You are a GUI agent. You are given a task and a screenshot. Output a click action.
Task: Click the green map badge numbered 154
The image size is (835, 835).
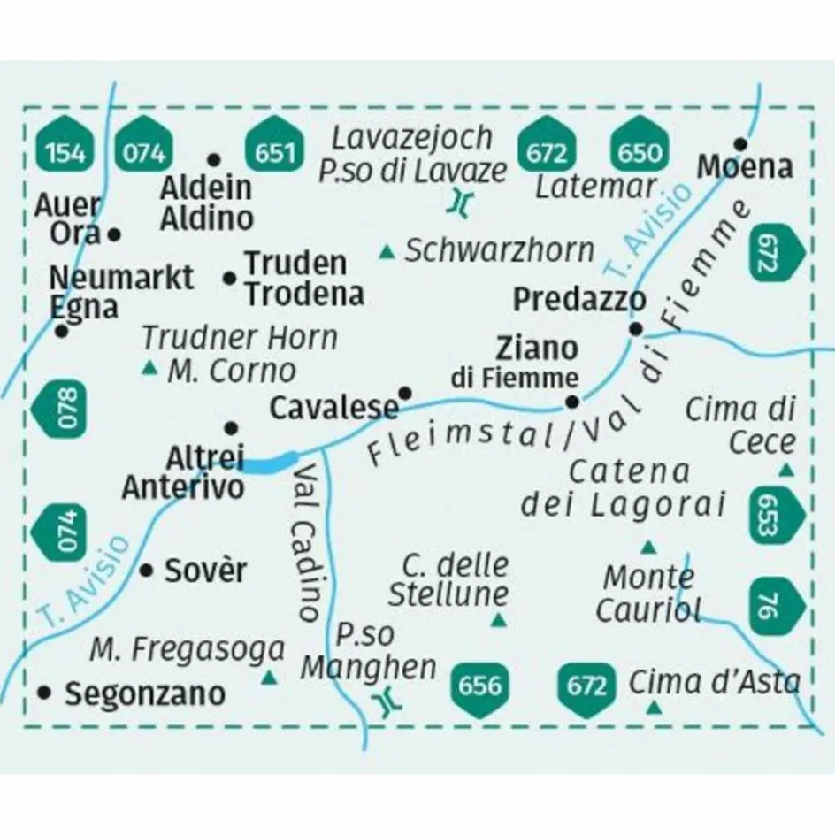(66, 151)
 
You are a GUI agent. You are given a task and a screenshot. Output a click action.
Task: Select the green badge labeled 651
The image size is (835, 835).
(274, 151)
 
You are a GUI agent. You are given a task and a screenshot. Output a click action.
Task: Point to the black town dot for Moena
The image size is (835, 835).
(740, 143)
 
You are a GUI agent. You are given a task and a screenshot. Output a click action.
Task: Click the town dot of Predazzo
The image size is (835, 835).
(636, 330)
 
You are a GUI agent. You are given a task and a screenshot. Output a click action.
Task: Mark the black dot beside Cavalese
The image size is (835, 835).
(405, 392)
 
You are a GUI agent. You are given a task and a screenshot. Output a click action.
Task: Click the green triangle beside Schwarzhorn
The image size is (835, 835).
(386, 253)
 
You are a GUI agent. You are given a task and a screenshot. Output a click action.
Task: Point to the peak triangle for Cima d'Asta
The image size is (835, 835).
(654, 707)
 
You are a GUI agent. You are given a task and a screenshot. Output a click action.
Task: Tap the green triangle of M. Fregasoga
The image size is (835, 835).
(270, 678)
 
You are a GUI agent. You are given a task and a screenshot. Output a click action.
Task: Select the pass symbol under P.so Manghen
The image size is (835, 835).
(386, 703)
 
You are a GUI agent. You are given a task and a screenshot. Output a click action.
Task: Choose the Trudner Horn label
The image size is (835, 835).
(240, 337)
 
